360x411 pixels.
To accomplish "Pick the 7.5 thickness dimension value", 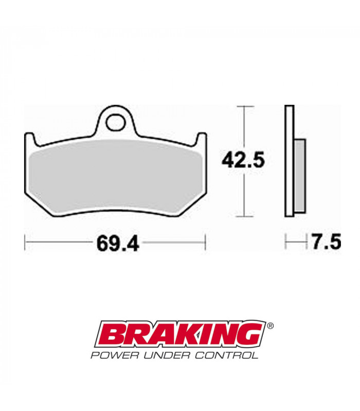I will click(326, 241).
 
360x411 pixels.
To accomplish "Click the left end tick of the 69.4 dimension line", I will click(25, 242).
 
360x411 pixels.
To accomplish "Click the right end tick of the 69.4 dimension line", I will click(205, 242).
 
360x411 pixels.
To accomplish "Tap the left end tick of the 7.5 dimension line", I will click(286, 241).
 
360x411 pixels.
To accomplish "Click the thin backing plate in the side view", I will click(290, 162).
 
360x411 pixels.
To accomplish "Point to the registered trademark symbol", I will click(271, 325).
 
